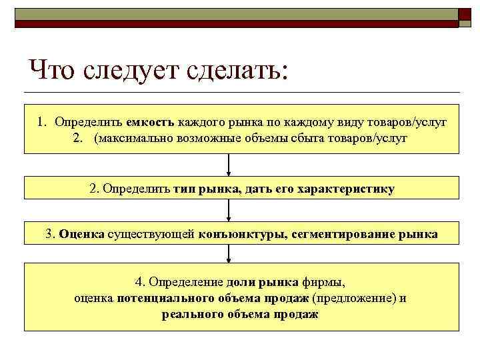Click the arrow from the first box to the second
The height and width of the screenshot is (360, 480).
click(x=229, y=165)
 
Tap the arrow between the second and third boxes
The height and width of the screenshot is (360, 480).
click(x=229, y=210)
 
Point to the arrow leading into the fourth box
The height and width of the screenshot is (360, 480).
click(x=229, y=253)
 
